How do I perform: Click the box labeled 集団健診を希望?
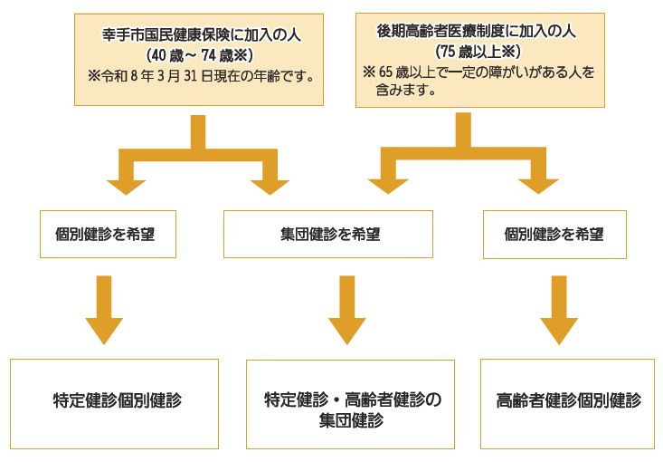tap(328, 235)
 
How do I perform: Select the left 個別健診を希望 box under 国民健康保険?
tap(108, 235)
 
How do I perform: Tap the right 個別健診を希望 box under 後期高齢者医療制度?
tap(554, 235)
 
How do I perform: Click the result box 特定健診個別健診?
tap(114, 404)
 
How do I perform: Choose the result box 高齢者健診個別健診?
tap(567, 404)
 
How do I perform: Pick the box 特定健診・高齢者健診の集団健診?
tap(351, 404)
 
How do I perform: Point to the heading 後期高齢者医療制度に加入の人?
tap(476, 32)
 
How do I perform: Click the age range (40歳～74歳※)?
tap(200, 55)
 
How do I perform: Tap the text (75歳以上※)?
tap(478, 52)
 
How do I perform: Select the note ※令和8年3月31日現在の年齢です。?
tap(202, 76)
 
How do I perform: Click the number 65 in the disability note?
tap(385, 72)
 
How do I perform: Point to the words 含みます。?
tap(406, 90)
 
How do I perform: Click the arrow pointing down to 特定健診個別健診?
tap(104, 310)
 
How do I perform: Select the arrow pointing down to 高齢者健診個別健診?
tap(559, 310)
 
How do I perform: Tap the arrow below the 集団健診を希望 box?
tap(347, 310)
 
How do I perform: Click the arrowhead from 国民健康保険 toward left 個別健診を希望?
tap(126, 188)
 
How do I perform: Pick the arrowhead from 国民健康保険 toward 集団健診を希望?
tap(270, 188)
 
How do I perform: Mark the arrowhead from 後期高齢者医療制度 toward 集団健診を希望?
tap(388, 187)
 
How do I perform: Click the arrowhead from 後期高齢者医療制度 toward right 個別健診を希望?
tap(538, 187)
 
